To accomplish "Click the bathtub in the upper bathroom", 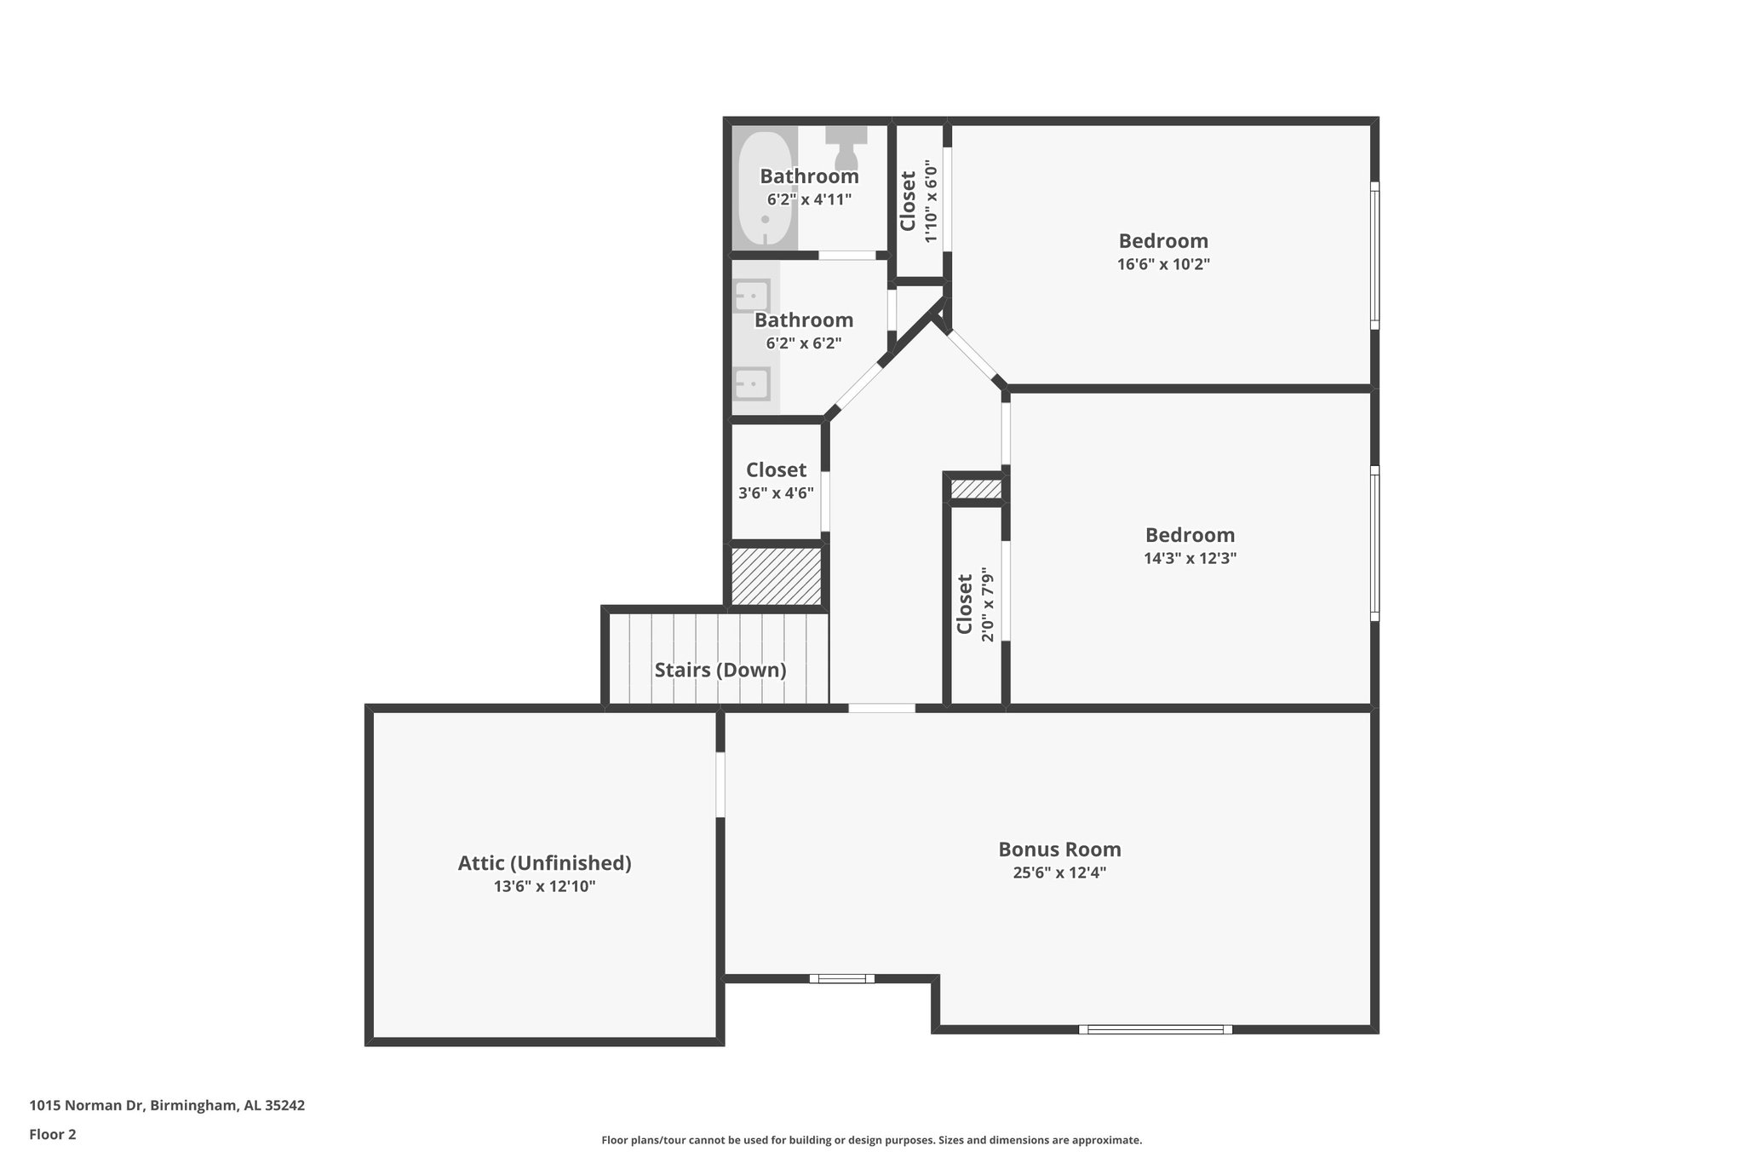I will coord(766,188).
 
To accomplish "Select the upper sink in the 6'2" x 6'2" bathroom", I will coord(752,296).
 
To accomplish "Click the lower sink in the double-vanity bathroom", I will coord(752,383).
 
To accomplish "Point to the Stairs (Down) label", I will coord(720,670).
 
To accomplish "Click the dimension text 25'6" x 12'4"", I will coord(1059,872).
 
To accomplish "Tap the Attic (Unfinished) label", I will coord(544,863).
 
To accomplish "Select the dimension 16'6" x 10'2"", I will coord(1163,264).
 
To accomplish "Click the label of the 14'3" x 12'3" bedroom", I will coord(1190,535).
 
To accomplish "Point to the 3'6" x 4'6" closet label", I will coord(776,470).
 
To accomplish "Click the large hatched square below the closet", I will coord(776,577).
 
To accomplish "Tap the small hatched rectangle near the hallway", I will coord(976,489).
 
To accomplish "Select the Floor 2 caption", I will coord(53,1134).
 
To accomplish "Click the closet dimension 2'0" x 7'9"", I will coord(988,604).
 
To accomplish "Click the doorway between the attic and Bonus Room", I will coord(720,784).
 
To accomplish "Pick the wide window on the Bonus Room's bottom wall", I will coord(1156,1029).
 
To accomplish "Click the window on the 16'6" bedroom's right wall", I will coord(1374,256).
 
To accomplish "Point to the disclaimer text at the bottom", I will coord(871,1140).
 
